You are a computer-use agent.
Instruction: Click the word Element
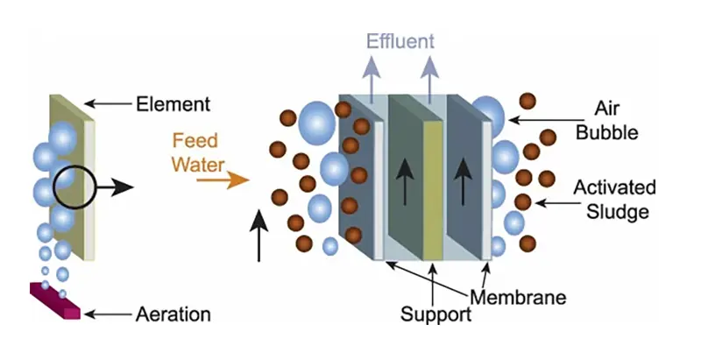click(x=173, y=105)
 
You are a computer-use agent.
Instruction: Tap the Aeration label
click(x=173, y=313)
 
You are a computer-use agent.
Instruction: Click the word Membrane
click(x=518, y=296)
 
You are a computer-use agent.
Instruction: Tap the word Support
click(x=435, y=314)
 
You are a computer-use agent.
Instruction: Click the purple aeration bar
click(x=56, y=300)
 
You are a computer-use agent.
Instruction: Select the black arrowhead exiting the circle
click(x=122, y=187)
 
